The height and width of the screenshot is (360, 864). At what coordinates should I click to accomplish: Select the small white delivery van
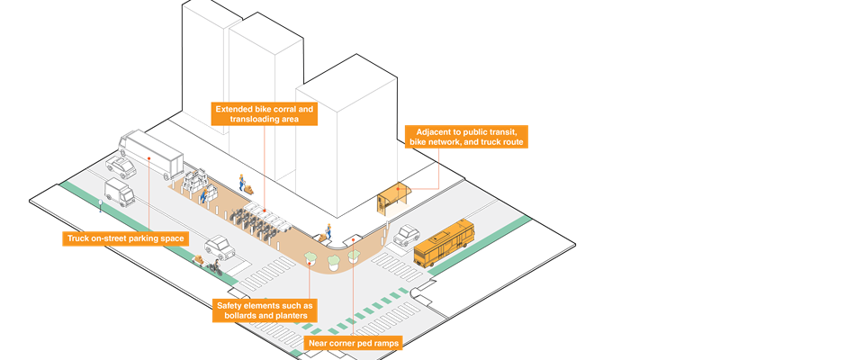pyautogui.click(x=118, y=191)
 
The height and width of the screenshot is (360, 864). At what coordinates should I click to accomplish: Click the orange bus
pyautogui.click(x=445, y=243)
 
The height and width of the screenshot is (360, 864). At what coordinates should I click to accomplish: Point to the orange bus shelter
pyautogui.click(x=393, y=198)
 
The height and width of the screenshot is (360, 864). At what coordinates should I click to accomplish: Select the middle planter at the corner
pyautogui.click(x=335, y=261)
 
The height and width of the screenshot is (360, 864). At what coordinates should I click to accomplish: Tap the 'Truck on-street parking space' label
pyautogui.click(x=125, y=238)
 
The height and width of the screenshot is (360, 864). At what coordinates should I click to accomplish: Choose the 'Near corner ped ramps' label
pyautogui.click(x=353, y=343)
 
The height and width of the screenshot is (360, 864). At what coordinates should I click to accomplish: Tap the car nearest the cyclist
pyautogui.click(x=219, y=245)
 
